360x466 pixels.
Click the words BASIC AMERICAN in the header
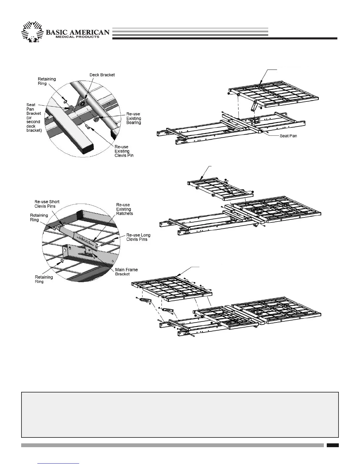(78, 32)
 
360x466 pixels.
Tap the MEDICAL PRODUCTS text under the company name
(77, 37)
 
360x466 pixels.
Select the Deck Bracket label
(102, 75)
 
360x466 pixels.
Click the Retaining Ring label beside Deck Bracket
(47, 81)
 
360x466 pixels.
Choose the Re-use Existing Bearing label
(133, 118)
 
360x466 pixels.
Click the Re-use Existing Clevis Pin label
(124, 151)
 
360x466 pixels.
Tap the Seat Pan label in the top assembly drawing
(288, 136)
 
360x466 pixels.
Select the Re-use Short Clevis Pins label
(47, 204)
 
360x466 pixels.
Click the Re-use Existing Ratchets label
(124, 209)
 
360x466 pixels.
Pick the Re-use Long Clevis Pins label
(138, 237)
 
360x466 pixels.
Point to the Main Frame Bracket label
(126, 272)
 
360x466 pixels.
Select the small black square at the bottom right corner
(332, 445)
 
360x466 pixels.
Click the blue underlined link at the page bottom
(59, 463)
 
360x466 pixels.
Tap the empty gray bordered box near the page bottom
(180, 415)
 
